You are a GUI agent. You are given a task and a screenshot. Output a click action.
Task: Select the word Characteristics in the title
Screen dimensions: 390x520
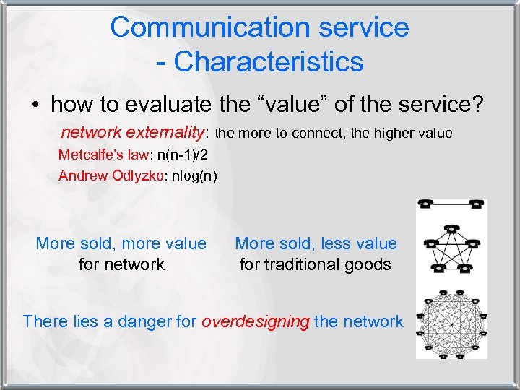tap(268, 62)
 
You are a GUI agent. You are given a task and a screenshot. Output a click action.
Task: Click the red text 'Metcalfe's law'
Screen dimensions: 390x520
tap(99, 155)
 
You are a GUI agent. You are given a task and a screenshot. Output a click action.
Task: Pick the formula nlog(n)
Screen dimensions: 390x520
tap(191, 175)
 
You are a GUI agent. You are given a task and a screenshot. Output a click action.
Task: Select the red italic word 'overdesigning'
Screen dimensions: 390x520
tap(256, 321)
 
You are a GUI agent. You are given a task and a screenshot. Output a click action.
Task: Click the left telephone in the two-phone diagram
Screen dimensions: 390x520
tap(428, 204)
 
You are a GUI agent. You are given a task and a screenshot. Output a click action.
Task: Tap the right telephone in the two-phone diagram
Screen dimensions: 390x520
tap(476, 204)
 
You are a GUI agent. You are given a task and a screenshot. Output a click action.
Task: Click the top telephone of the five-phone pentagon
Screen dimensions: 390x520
tap(452, 229)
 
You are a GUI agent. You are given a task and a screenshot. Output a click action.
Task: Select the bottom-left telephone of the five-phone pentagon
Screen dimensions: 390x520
tap(438, 269)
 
